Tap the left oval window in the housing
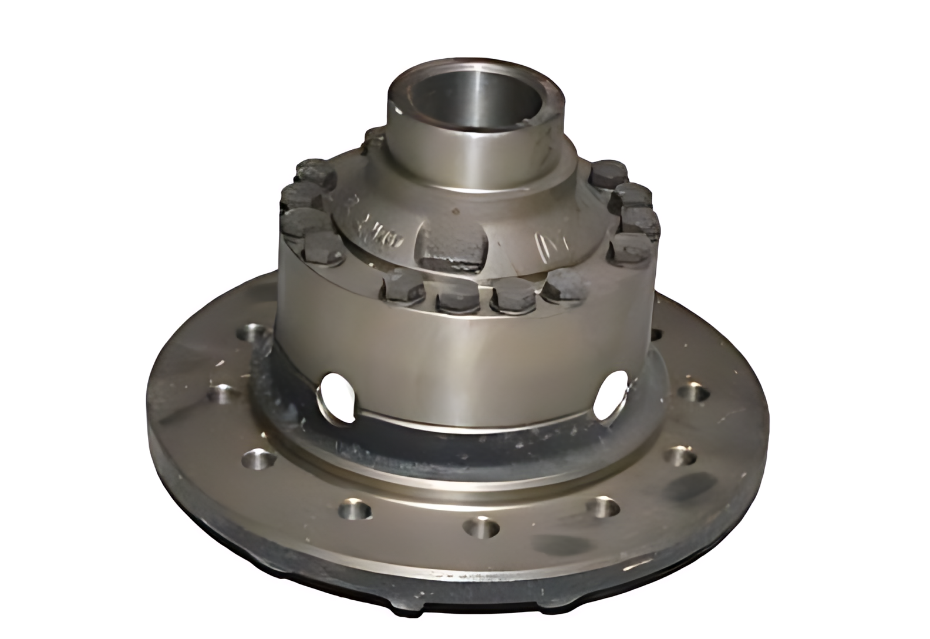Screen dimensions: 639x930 (338, 396)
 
